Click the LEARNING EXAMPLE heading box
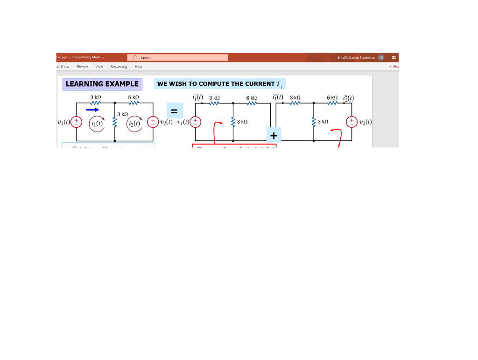(x=102, y=84)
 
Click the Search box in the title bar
(x=177, y=57)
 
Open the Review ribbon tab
(x=82, y=66)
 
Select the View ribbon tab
(x=99, y=66)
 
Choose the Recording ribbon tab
(x=119, y=66)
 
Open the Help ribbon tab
(x=138, y=66)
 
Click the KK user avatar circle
(x=381, y=57)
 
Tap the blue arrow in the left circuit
(x=92, y=110)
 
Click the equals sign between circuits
(x=174, y=111)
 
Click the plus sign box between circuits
(x=274, y=135)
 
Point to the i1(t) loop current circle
(x=98, y=124)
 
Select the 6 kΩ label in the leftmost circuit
(x=134, y=97)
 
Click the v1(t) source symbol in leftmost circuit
(x=76, y=122)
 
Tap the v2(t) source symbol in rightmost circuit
(x=351, y=122)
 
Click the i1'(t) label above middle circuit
(x=197, y=97)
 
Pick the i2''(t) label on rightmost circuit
(x=348, y=98)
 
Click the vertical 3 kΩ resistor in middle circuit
(x=233, y=122)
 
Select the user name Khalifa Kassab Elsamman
(x=356, y=57)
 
